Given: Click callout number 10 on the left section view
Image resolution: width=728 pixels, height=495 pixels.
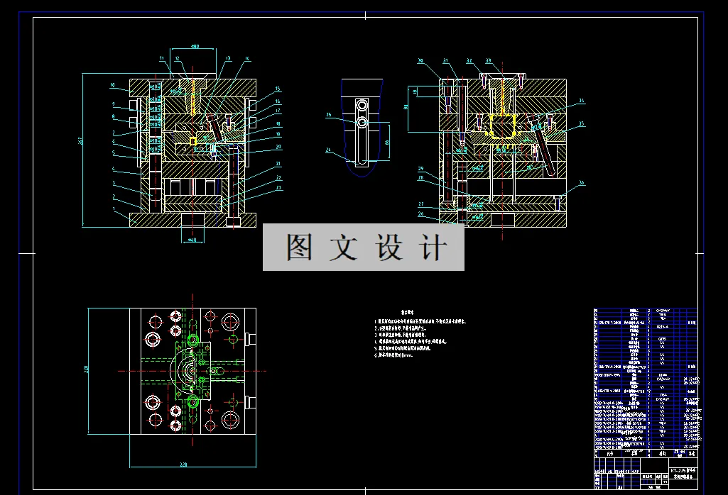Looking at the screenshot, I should point(112,85).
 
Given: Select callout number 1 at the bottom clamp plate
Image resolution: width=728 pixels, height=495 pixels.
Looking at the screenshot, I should point(114,210).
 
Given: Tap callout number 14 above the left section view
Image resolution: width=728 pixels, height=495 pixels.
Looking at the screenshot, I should point(247,59).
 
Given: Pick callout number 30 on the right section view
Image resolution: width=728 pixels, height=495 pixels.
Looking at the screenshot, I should point(420,61).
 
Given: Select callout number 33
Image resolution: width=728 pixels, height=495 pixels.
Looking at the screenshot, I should point(489,61).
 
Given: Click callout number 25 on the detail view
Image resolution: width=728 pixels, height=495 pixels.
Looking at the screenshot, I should point(328,114).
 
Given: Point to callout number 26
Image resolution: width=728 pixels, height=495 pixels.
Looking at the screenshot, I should point(420,213).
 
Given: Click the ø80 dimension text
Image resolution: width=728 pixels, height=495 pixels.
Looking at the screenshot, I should point(195,47).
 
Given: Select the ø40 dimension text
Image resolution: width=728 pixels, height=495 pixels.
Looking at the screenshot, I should point(192,240).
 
